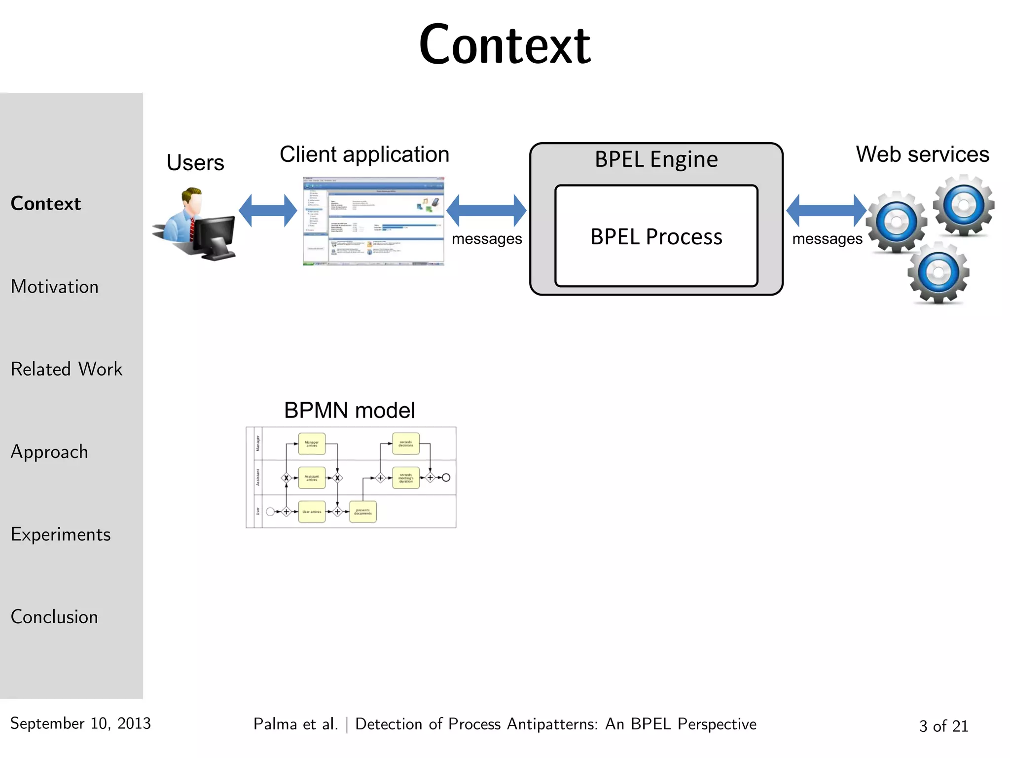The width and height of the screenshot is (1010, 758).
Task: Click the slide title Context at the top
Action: [x=505, y=45]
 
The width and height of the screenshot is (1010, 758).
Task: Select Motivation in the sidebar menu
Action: [x=55, y=287]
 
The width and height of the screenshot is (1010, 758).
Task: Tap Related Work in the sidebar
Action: [x=67, y=369]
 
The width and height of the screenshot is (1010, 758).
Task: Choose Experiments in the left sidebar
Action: [x=61, y=534]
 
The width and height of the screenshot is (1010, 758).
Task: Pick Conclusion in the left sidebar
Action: [x=54, y=617]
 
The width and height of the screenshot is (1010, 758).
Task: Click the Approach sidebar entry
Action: [x=49, y=452]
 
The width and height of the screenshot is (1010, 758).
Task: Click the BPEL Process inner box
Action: [x=656, y=236]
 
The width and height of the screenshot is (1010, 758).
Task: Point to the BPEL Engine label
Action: [x=656, y=159]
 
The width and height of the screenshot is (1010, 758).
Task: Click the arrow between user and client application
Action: [x=268, y=211]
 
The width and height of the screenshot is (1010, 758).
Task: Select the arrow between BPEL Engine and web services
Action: [x=826, y=211]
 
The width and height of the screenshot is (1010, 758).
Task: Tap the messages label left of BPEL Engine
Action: [x=487, y=239]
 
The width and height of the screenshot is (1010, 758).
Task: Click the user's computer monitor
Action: [x=215, y=237]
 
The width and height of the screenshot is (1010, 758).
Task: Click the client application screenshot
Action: [x=373, y=221]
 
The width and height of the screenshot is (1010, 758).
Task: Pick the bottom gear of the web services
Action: [x=938, y=273]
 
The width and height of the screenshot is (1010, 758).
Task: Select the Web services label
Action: [x=922, y=154]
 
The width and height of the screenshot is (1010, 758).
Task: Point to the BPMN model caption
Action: [x=349, y=411]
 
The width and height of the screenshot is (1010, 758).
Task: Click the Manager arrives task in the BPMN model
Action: [x=312, y=444]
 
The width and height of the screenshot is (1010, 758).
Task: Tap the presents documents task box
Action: [x=362, y=512]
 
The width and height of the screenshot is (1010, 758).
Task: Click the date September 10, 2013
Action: [x=80, y=723]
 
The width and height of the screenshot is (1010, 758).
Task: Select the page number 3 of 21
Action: [x=943, y=726]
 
